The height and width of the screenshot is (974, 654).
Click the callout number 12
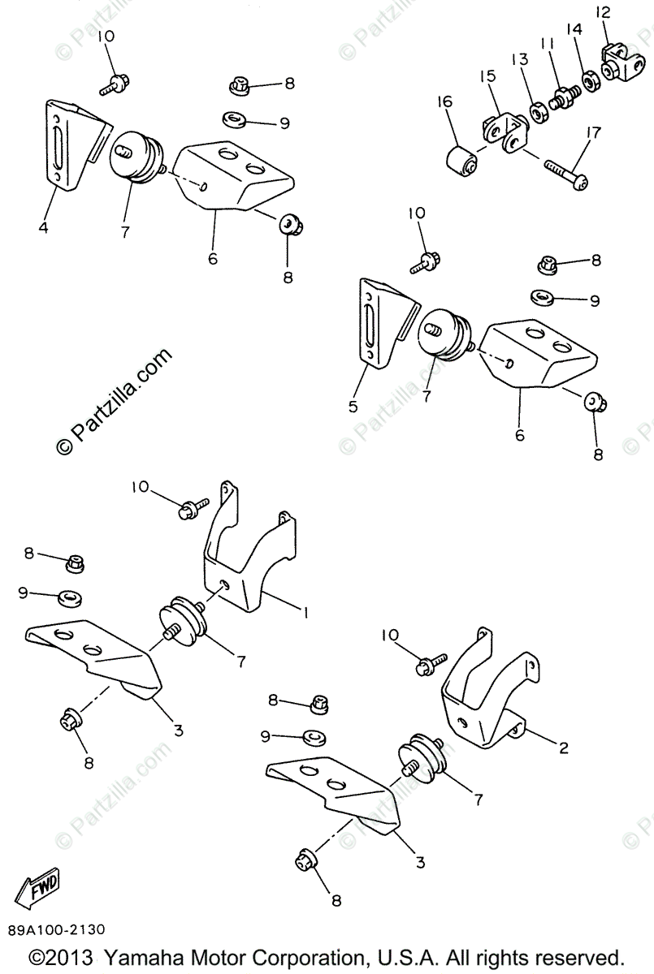pyautogui.click(x=602, y=12)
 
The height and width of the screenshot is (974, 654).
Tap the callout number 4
pyautogui.click(x=43, y=228)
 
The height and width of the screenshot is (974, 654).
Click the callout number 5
pyautogui.click(x=353, y=407)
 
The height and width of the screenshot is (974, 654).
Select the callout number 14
pyautogui.click(x=574, y=30)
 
